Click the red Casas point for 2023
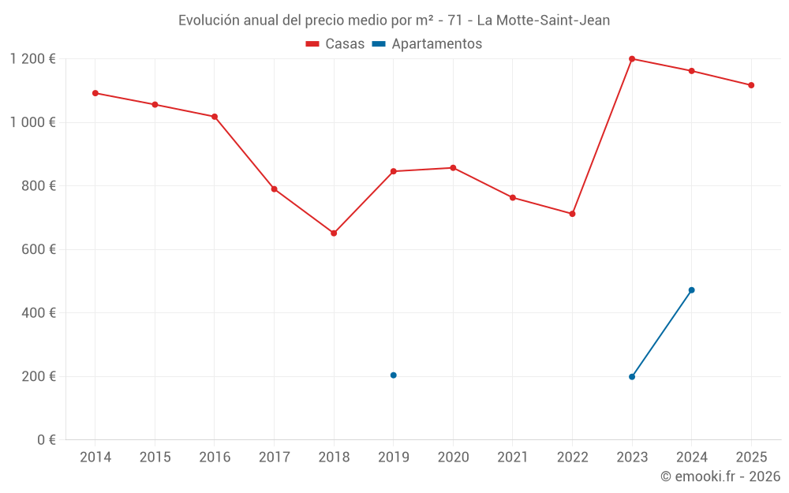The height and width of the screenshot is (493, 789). [632, 59]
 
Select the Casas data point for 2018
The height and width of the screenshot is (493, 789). [334, 233]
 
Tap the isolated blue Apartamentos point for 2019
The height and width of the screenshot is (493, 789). [393, 375]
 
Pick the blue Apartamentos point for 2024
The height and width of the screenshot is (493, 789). [691, 290]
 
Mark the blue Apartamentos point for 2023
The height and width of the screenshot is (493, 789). [632, 377]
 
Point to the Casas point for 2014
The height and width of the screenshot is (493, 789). [95, 93]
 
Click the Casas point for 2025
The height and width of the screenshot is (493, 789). [751, 85]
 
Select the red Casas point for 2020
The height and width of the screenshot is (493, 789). [453, 168]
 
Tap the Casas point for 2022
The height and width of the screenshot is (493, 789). [572, 214]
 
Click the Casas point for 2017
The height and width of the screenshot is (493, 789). [274, 189]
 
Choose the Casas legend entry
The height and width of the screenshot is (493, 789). [335, 44]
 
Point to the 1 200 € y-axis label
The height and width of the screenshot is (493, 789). [32, 59]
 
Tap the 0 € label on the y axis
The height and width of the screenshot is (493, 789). [46, 440]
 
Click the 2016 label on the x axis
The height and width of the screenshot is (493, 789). [215, 458]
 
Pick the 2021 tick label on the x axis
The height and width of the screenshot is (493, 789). [513, 458]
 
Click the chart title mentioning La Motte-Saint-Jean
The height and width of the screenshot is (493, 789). [394, 21]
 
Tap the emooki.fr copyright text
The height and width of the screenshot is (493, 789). [720, 476]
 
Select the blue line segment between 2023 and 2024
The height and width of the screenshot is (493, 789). [662, 334]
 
